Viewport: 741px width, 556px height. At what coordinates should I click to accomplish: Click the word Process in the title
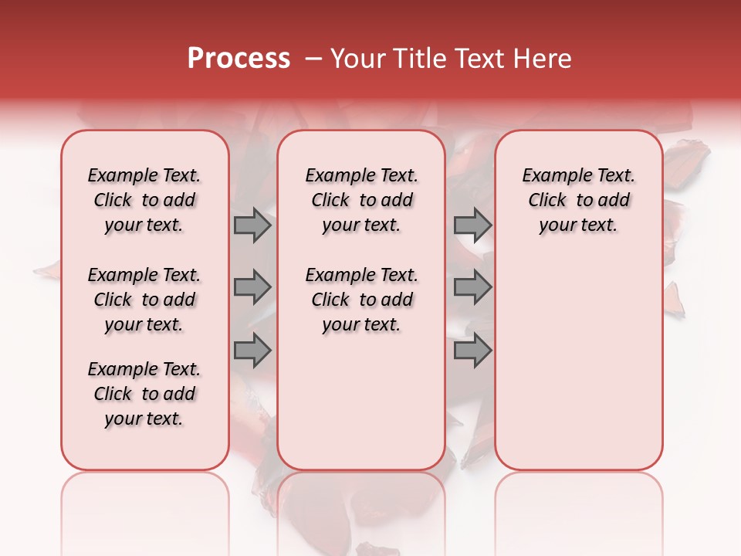pyautogui.click(x=239, y=59)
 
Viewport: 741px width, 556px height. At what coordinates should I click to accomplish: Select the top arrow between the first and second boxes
pyautogui.click(x=252, y=225)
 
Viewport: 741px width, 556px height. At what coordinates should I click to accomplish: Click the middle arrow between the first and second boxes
pyautogui.click(x=252, y=288)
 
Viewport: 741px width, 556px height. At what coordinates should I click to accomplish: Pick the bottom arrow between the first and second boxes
pyautogui.click(x=252, y=350)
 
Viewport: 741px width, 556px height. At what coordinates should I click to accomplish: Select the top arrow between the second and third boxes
pyautogui.click(x=472, y=225)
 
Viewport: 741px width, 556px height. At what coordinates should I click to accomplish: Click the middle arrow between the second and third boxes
pyautogui.click(x=472, y=288)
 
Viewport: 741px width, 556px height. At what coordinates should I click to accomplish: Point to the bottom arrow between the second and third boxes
pyautogui.click(x=472, y=350)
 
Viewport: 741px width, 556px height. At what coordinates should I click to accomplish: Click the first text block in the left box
pyautogui.click(x=144, y=200)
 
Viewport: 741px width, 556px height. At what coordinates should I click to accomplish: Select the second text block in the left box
pyautogui.click(x=144, y=300)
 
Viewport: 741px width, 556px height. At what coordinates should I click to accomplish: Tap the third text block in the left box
pyautogui.click(x=144, y=394)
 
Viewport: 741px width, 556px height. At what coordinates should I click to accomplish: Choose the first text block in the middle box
pyautogui.click(x=361, y=200)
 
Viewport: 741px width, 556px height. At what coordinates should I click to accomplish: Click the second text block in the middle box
pyautogui.click(x=361, y=300)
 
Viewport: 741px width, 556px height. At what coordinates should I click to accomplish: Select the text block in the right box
pyautogui.click(x=578, y=200)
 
